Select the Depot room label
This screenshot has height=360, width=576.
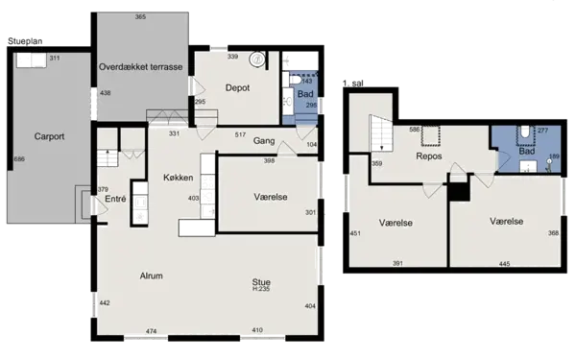(x=238, y=87)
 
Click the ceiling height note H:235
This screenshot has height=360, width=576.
(x=261, y=289)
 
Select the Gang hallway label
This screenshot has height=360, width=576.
(x=265, y=141)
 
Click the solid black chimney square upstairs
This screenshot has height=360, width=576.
(x=459, y=191)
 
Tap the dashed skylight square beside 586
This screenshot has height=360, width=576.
(x=432, y=132)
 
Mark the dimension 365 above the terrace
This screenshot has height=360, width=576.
(x=141, y=17)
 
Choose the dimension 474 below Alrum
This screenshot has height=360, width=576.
(x=151, y=331)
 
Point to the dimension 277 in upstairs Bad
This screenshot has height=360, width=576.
(x=542, y=130)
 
